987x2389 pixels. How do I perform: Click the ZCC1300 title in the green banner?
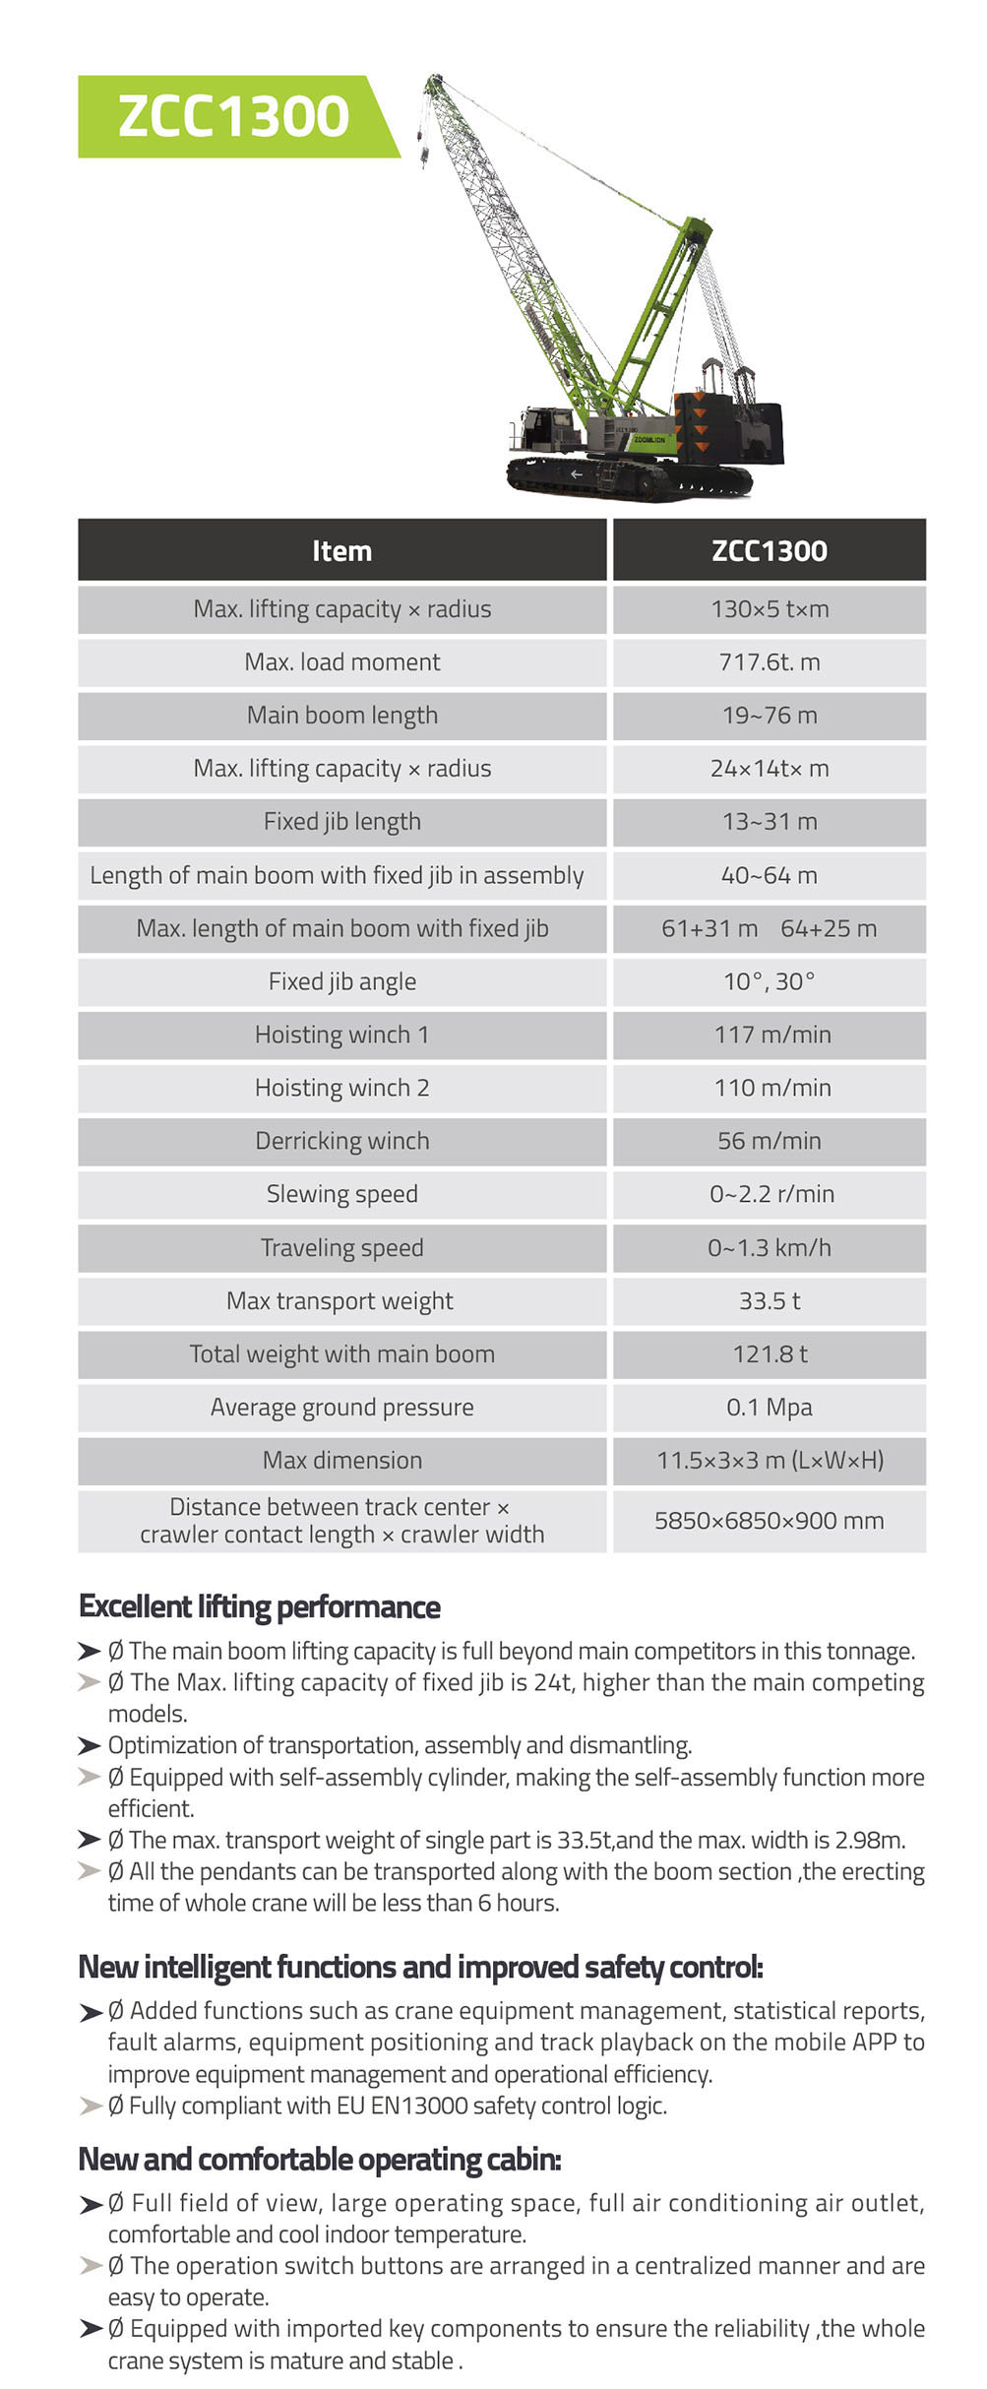click(233, 116)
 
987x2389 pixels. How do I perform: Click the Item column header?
click(341, 550)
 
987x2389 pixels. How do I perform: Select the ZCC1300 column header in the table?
click(769, 550)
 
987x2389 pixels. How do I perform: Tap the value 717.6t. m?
click(769, 662)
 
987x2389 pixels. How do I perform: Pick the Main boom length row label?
click(341, 716)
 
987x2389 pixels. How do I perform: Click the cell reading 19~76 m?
click(769, 716)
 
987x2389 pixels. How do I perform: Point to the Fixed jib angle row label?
click(341, 981)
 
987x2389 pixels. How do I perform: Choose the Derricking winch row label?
click(341, 1141)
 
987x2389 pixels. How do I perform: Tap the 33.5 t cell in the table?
click(769, 1301)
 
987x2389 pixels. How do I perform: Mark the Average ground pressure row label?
click(341, 1408)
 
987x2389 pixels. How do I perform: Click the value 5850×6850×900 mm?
click(769, 1521)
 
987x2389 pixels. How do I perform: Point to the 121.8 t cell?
click(769, 1354)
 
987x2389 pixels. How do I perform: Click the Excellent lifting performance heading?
click(260, 1607)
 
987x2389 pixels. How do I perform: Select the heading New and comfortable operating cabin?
click(320, 2160)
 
